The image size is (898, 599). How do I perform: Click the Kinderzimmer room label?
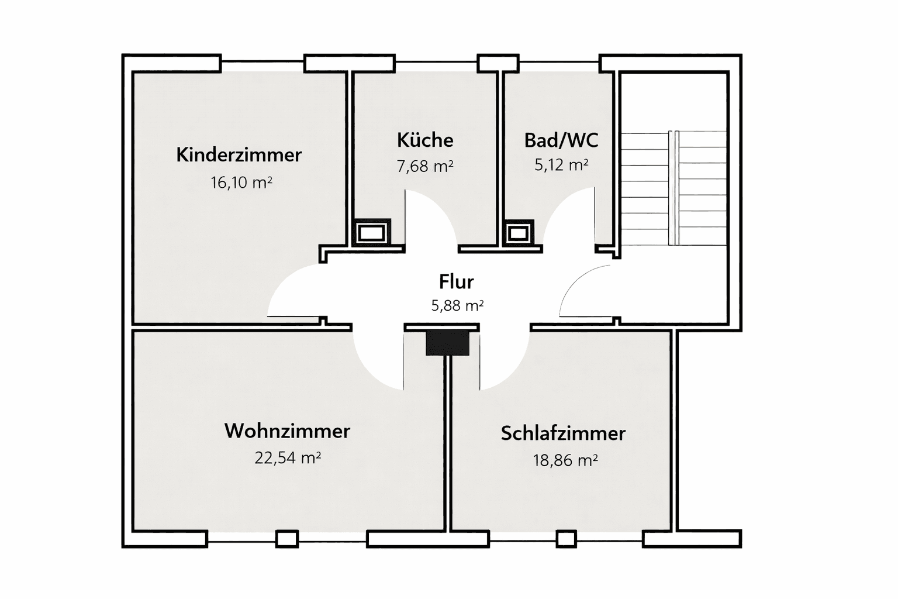point(239,155)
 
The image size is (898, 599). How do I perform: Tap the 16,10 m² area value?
point(241,183)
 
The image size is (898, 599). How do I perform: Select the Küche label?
point(425,140)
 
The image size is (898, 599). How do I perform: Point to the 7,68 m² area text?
point(425,167)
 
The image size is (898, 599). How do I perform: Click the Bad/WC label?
point(561,140)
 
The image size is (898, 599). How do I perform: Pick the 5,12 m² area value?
point(561,166)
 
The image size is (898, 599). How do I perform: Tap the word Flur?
point(456,282)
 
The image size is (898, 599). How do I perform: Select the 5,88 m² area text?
point(457,305)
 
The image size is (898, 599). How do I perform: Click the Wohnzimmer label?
point(287,431)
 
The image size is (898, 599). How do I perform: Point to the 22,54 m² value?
point(287,457)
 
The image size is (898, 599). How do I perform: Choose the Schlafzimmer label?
point(563,433)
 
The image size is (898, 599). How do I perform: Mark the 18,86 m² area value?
point(565,460)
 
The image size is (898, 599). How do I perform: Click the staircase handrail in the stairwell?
point(673,187)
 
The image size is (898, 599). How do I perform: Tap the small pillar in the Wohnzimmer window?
point(286,539)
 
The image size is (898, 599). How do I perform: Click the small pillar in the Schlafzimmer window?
point(566,539)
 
